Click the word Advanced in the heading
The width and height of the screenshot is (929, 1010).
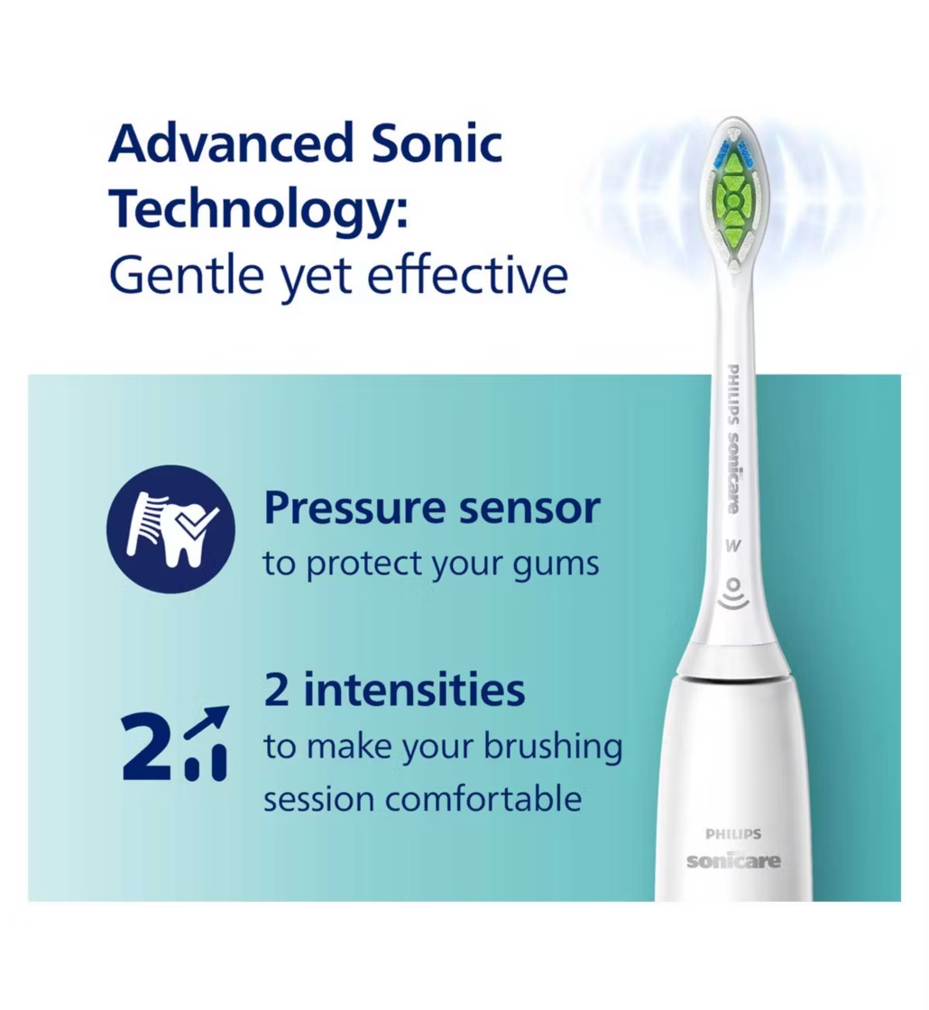coord(231,143)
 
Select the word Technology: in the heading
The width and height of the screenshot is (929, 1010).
coord(258,209)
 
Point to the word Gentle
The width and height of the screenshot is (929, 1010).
coord(187,276)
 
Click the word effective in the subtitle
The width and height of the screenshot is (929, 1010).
coord(468,276)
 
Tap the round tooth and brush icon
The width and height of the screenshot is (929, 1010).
coord(170,528)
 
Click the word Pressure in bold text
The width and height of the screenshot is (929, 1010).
coord(354,509)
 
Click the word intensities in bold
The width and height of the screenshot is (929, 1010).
coord(414,690)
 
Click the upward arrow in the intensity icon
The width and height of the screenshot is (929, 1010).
coord(207,722)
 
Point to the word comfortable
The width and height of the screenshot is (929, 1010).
coord(483,799)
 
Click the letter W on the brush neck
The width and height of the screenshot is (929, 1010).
coord(732,546)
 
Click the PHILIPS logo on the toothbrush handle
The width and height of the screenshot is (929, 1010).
coord(733,834)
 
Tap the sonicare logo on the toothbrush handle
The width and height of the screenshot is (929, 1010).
coord(733,860)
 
